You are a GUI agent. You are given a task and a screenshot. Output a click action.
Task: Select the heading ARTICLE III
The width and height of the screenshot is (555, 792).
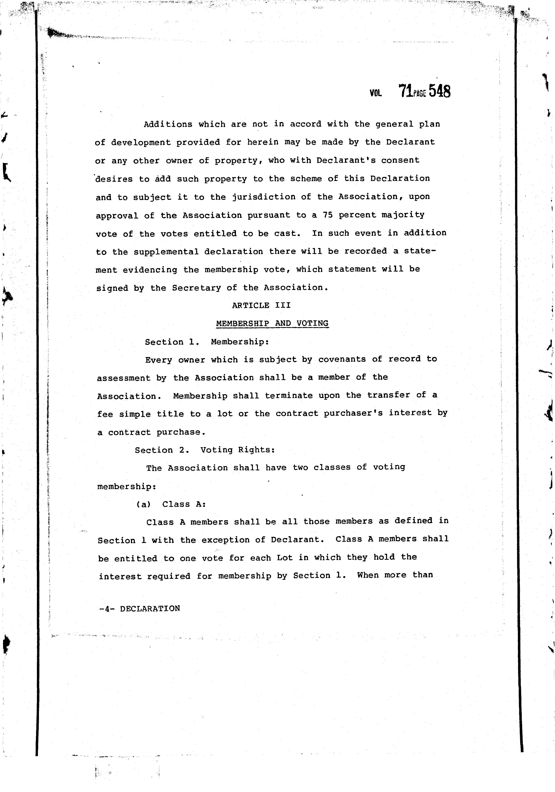point(261,305)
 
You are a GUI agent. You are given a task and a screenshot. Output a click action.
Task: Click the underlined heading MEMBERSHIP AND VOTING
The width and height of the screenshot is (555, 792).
point(272,324)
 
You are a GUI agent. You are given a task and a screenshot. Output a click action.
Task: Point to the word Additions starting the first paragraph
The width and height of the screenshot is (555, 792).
point(168,124)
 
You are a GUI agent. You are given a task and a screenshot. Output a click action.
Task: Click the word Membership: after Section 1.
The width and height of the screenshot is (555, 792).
point(240,342)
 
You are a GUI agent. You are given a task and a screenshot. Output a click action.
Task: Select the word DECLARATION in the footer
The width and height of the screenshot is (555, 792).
point(150,609)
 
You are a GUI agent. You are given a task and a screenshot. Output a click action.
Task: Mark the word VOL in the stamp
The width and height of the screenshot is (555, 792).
point(376,93)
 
